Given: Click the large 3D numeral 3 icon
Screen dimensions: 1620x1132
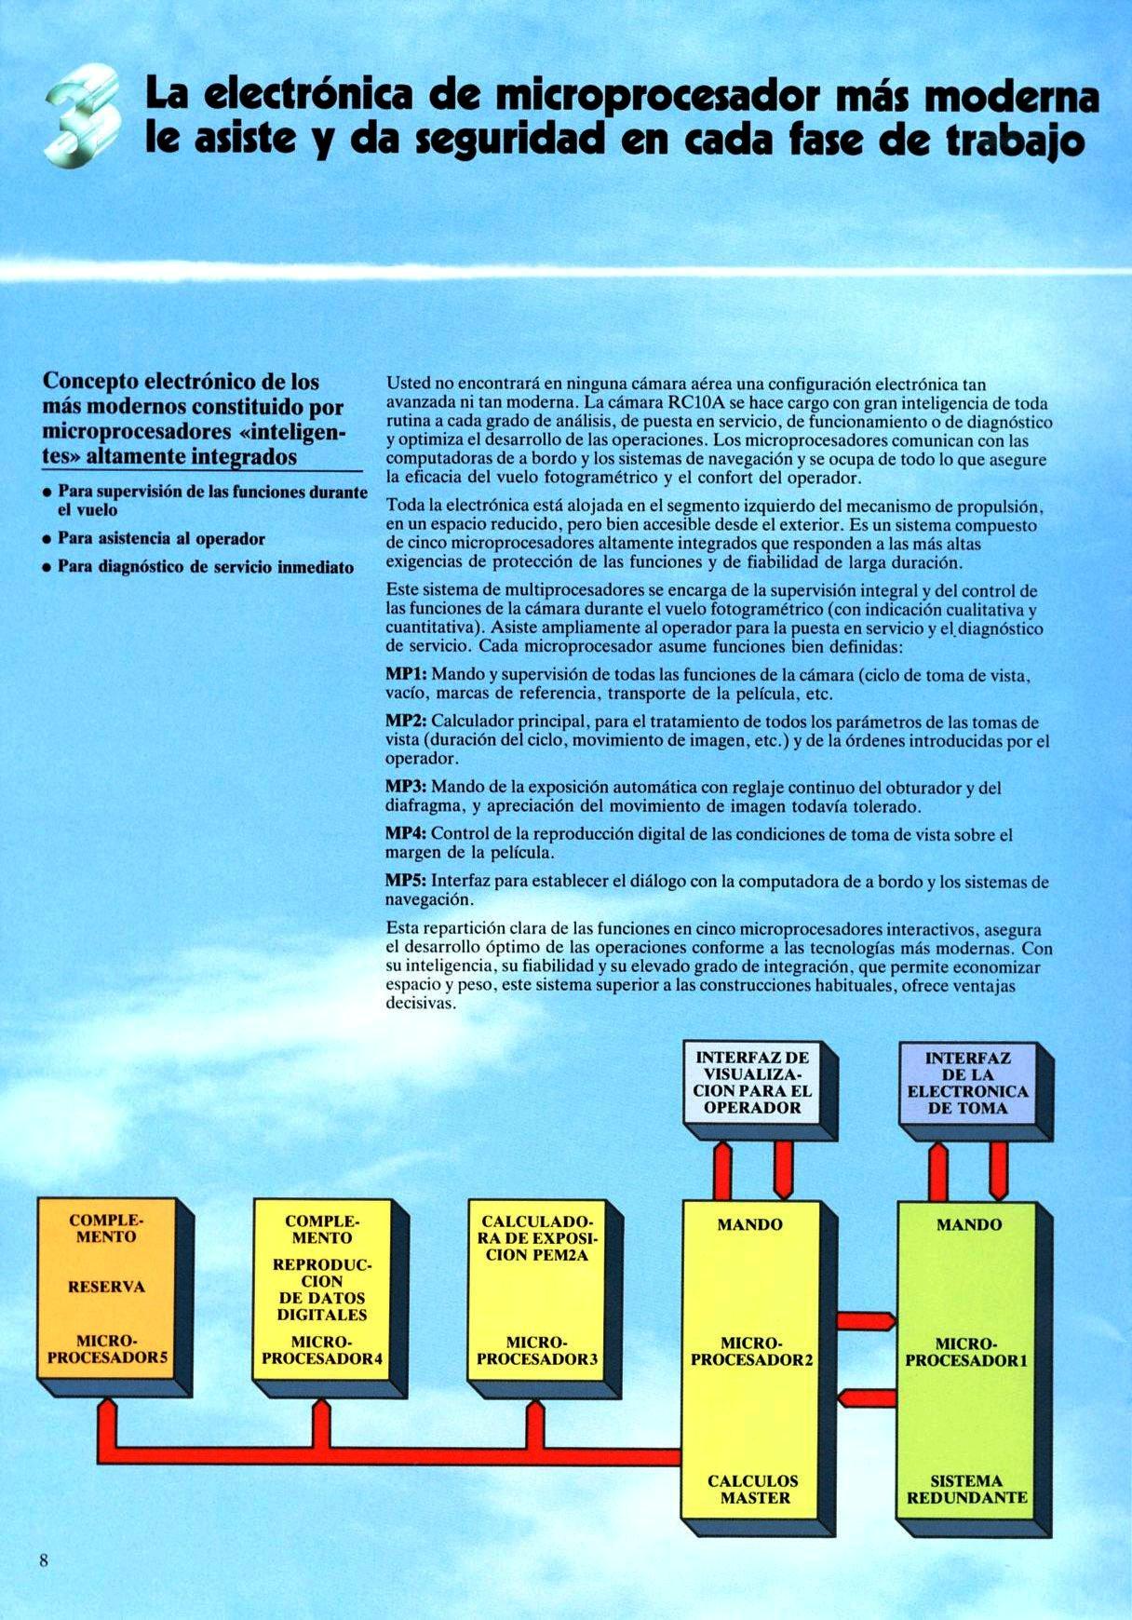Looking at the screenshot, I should click(x=85, y=119).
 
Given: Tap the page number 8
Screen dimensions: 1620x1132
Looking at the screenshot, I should click(x=43, y=1561).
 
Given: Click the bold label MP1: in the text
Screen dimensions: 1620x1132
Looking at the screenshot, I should click(x=406, y=674).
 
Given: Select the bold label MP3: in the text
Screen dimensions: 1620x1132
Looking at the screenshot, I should click(x=406, y=788).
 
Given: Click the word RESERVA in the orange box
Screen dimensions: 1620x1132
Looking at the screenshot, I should click(x=106, y=1287).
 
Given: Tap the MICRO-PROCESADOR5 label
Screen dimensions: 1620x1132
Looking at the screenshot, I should click(x=107, y=1349).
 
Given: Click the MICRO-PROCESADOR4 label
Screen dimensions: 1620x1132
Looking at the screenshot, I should click(x=321, y=1350).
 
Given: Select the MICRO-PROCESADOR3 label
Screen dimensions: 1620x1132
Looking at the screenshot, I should click(x=536, y=1351).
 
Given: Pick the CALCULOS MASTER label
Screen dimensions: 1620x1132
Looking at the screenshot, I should click(x=753, y=1490).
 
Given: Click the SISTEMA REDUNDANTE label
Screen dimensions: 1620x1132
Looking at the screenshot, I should click(x=967, y=1490).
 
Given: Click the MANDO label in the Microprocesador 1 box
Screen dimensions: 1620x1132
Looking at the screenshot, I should click(x=968, y=1225).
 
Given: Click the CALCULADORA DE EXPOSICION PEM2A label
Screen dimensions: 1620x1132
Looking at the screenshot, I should click(x=536, y=1238).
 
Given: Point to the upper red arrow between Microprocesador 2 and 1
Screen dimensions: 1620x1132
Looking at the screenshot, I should click(x=866, y=1320).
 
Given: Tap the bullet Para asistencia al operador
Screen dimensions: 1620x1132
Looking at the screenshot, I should click(x=161, y=539).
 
